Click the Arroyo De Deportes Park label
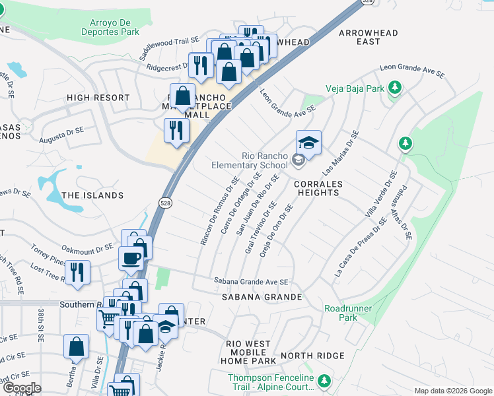[111, 26]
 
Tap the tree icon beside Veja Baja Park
[394, 87]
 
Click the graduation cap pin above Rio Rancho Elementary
[308, 142]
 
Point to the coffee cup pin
[131, 258]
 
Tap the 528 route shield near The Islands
[165, 203]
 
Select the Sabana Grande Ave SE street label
[251, 281]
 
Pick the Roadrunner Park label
[348, 313]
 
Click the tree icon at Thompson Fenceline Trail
[324, 381]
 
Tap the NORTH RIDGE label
[303, 356]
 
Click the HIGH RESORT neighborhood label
[98, 98]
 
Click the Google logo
[21, 388]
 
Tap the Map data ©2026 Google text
[452, 391]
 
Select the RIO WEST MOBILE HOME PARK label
[250, 352]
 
